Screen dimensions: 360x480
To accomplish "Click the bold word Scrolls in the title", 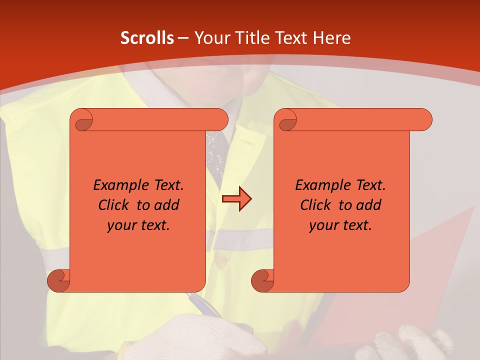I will coord(147,38).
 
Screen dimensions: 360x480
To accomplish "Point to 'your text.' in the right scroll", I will coord(340,225).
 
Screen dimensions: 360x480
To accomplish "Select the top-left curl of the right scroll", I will coord(287,120).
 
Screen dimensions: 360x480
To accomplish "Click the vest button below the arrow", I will coord(220,258).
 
